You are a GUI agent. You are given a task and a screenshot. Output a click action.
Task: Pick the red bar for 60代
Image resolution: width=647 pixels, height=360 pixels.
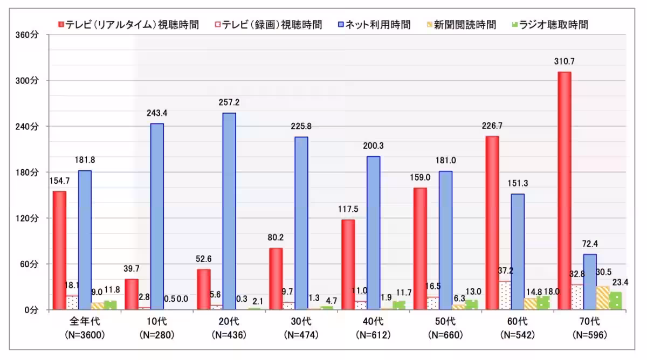492,223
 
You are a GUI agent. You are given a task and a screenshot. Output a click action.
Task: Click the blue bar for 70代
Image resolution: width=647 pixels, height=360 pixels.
590,282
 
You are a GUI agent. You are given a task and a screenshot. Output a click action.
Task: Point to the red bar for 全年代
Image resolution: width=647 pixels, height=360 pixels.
59,250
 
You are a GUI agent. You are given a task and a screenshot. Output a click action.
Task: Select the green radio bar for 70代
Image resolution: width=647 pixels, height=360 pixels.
615,301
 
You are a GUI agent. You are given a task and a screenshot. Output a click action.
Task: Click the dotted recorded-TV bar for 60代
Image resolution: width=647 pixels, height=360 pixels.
505,295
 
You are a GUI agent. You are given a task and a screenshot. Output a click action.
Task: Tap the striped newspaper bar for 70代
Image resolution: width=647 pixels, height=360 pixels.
603,297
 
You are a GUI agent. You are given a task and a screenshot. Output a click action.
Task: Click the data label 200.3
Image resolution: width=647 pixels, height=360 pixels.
373,146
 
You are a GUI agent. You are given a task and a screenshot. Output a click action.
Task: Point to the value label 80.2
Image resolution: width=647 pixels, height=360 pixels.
276,238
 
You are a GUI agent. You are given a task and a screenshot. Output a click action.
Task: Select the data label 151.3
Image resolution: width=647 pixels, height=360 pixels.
518,183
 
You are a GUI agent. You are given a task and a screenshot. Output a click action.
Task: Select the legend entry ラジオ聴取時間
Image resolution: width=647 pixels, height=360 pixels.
552,25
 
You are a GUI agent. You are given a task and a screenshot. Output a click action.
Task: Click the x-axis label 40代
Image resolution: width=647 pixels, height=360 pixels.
373,322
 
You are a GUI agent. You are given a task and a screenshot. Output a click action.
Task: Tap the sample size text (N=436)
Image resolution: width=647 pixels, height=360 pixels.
229,335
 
